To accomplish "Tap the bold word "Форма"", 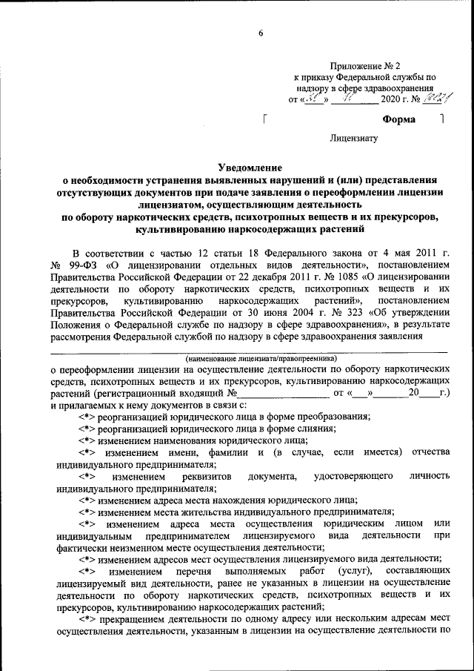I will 398,119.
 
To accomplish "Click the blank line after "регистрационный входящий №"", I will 284,393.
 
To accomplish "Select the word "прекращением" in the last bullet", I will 131,620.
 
